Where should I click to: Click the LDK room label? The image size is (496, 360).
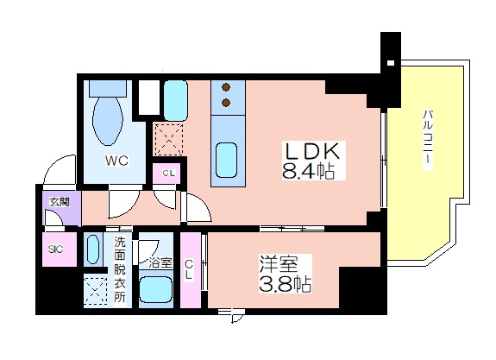[312, 151]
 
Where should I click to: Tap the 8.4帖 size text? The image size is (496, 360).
[308, 172]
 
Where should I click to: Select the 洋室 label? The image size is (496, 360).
[279, 264]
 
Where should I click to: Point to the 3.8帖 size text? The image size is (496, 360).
[285, 284]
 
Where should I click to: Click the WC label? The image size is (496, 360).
[116, 161]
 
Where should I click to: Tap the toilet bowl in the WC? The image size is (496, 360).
[108, 121]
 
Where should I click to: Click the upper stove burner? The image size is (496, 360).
[226, 87]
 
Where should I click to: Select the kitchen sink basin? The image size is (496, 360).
[226, 161]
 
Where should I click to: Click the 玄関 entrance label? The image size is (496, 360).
[60, 202]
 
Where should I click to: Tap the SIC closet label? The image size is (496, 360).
[55, 249]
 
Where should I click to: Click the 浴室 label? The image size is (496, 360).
[160, 262]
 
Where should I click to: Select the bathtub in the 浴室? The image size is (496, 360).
[156, 289]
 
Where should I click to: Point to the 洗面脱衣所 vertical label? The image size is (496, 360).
[120, 269]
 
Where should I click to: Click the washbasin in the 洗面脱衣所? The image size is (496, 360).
[92, 249]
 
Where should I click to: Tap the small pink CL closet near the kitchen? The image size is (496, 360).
[166, 174]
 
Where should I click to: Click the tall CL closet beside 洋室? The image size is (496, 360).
[191, 269]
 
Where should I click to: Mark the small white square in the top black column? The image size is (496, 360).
[391, 63]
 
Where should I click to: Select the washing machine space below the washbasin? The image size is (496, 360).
[95, 290]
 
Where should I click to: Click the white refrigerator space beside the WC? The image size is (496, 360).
[149, 98]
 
